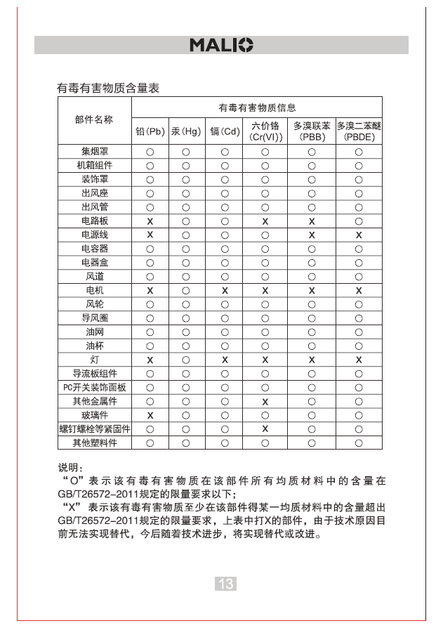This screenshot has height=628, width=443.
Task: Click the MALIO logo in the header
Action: (221, 46)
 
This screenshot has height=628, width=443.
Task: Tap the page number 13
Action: (225, 584)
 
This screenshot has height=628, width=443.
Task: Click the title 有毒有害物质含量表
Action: (108, 89)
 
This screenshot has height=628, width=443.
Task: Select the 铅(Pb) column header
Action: (150, 131)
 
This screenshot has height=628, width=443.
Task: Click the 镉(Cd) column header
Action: (225, 131)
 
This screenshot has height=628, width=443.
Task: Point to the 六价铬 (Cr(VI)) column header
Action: (265, 131)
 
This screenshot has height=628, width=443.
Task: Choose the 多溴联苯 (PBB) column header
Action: (312, 131)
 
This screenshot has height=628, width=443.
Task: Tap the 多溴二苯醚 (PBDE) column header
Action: (358, 131)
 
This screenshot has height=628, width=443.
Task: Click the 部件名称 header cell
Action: (94, 120)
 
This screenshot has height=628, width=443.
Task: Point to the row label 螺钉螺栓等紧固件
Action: (94, 429)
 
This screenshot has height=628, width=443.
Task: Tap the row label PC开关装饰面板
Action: (94, 387)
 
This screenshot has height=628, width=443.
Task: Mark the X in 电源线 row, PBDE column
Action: (358, 235)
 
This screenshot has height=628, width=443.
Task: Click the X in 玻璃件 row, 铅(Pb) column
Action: (150, 415)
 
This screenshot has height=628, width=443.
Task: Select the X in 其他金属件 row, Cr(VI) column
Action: (265, 401)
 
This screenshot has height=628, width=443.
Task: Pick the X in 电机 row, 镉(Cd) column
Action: (225, 290)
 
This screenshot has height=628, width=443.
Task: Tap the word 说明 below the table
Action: (69, 467)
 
